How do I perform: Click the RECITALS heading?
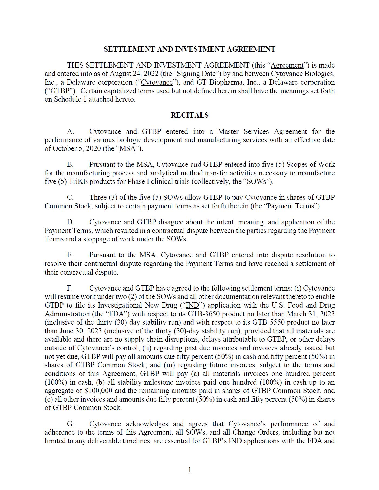coord(189,115)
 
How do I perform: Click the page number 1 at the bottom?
coord(190,470)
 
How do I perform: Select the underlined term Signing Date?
coord(196,74)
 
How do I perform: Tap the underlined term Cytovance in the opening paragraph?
coord(157,82)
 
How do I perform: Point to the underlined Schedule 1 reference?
coord(70,99)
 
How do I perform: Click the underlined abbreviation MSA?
coord(127,149)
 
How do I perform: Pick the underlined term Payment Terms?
coord(291,206)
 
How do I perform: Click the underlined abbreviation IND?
coord(193,305)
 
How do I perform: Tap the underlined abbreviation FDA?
coord(116,314)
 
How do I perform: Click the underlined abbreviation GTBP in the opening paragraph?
coord(60,91)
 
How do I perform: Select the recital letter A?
coord(70,132)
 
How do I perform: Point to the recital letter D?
coord(70,222)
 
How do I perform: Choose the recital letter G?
coord(70,424)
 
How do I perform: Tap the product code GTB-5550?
coord(267,322)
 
